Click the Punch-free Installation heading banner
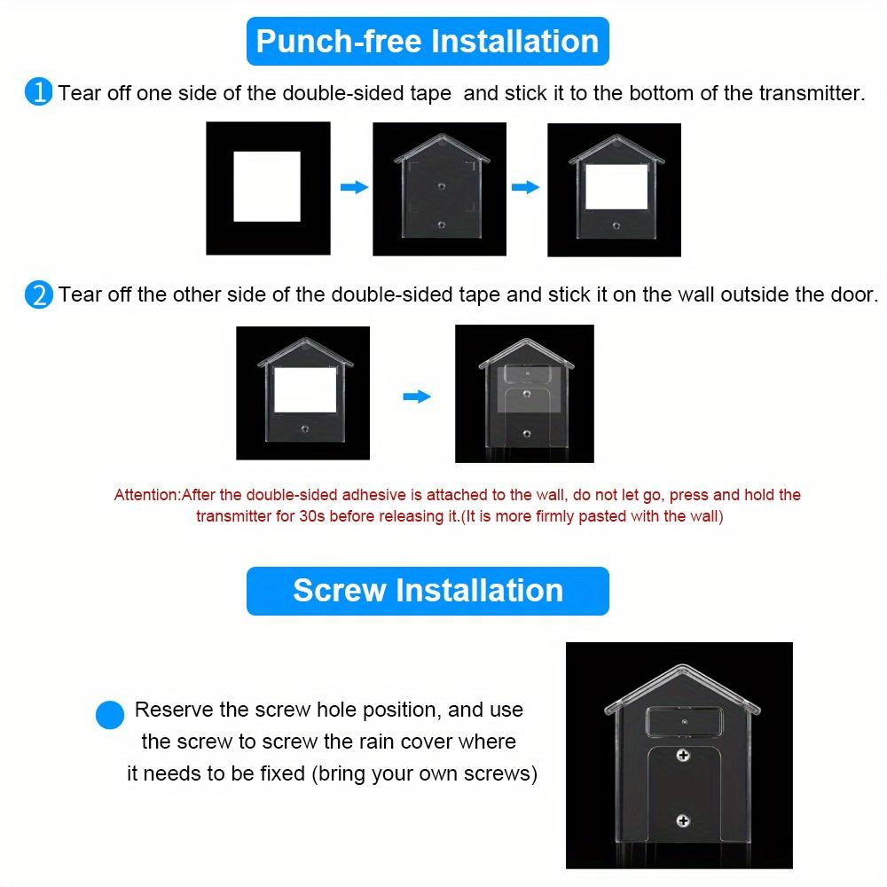tap(428, 42)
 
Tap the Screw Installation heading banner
tap(428, 591)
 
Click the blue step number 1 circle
tap(39, 92)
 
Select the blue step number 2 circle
tap(39, 294)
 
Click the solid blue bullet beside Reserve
tap(110, 714)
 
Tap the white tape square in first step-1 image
tap(267, 185)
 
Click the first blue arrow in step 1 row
tap(354, 187)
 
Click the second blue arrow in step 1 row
tap(526, 187)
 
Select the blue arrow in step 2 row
tap(416, 396)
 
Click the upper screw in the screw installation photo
tap(683, 757)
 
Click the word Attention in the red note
tap(146, 495)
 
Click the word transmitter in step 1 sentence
tap(810, 93)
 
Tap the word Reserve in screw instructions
tap(173, 710)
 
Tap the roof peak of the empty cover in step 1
tap(441, 136)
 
